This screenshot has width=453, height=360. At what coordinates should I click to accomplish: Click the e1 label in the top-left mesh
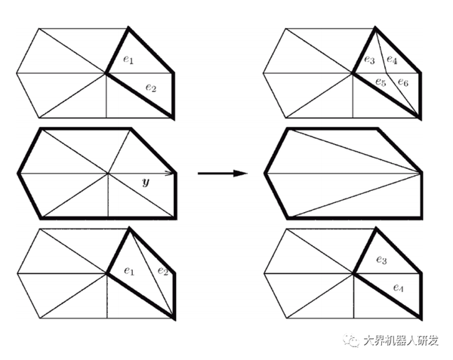129,60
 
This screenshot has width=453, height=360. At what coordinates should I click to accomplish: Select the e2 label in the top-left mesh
151,89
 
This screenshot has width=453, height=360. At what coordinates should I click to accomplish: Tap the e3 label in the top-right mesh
368,60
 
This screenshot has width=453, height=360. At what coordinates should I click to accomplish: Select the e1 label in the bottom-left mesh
129,269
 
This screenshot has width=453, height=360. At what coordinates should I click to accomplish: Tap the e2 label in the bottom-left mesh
162,271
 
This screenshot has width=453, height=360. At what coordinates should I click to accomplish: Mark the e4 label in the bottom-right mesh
399,288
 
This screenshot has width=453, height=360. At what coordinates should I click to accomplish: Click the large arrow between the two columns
223,174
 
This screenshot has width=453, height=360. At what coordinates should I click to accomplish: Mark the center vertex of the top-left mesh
106,73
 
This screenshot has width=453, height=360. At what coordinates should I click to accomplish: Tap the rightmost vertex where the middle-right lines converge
421,173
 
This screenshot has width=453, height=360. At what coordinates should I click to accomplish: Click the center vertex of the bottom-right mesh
353,275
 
